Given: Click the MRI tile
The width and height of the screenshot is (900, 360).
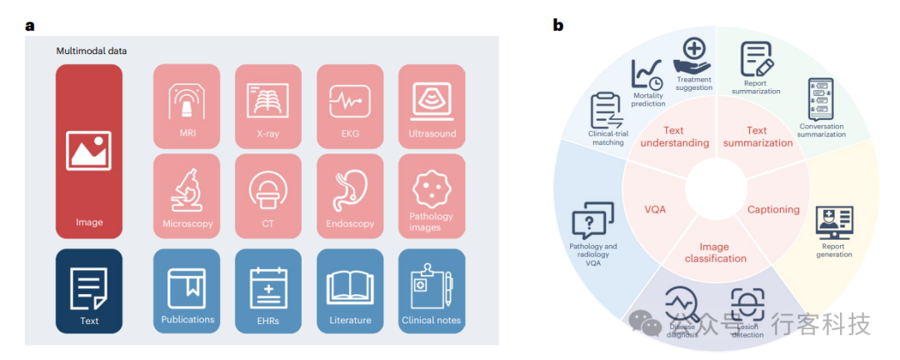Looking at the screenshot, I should click(x=187, y=107).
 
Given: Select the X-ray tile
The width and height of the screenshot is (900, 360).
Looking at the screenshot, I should click(x=267, y=107).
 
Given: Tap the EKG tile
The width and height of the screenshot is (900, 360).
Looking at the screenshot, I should click(x=349, y=107).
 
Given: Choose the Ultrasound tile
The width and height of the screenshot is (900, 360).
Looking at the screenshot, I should click(x=431, y=107).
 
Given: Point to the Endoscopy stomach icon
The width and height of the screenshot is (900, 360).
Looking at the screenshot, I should click(x=349, y=190).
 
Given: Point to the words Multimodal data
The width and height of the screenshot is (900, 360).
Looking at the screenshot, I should click(x=92, y=52).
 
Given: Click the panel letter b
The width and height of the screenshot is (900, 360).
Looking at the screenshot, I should click(x=557, y=25).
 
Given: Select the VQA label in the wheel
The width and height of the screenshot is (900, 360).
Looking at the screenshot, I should click(x=654, y=209).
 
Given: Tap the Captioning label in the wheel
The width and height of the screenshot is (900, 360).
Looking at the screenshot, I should click(x=772, y=209).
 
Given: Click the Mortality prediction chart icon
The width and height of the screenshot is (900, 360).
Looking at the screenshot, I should click(x=647, y=75).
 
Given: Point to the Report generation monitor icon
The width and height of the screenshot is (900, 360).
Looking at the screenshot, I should click(x=833, y=222).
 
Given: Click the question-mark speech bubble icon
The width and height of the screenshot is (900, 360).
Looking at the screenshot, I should click(x=592, y=222).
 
